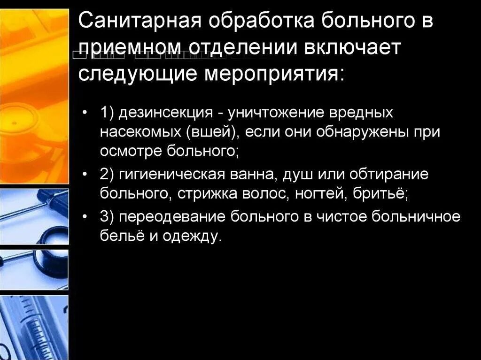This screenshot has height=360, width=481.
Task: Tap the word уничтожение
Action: pyautogui.click(x=278, y=114)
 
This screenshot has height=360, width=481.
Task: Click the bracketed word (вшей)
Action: pyautogui.click(x=216, y=132)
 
